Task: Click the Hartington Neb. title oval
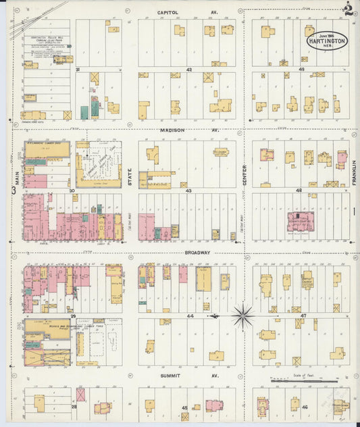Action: coord(328,40)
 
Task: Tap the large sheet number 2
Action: coord(348,9)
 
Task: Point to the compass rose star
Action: coord(242,315)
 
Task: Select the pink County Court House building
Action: coord(300,221)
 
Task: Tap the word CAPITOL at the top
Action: coord(168,12)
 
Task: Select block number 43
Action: coord(188,191)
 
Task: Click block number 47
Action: coord(303,316)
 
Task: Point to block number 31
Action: coord(78,69)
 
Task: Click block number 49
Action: coord(302,69)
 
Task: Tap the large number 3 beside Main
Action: coord(14,191)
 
